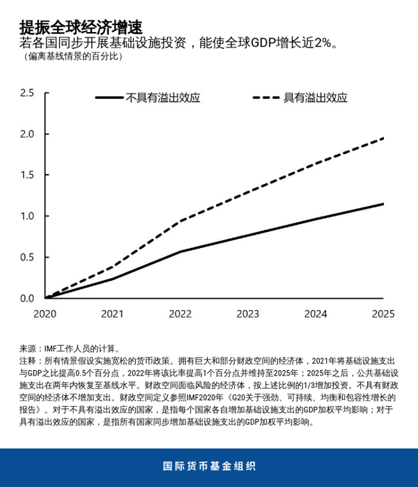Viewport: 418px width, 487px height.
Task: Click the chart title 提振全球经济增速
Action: click(x=81, y=27)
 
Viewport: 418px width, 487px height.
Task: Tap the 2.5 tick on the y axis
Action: click(x=27, y=93)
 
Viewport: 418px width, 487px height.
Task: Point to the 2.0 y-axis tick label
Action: click(x=27, y=134)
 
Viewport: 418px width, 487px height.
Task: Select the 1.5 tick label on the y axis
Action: click(x=27, y=175)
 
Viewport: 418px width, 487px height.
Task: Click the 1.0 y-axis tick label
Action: click(x=27, y=216)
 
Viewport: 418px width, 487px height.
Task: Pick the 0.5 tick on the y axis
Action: click(x=27, y=257)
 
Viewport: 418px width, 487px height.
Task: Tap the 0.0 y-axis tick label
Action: click(x=27, y=298)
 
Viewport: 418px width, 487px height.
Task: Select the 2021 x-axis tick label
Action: click(x=112, y=314)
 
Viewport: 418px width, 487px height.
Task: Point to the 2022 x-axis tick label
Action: click(x=180, y=314)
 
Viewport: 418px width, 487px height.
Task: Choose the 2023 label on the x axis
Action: click(x=247, y=314)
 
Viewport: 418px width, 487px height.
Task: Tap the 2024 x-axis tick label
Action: click(x=316, y=314)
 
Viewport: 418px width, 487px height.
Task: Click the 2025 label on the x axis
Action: click(x=383, y=314)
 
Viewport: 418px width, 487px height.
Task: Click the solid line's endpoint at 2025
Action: click(x=383, y=203)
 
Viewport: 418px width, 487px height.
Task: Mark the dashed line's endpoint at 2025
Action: click(x=383, y=138)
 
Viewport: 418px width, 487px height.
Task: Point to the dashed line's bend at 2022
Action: click(x=180, y=222)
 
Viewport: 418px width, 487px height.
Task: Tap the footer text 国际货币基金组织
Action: click(x=209, y=466)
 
